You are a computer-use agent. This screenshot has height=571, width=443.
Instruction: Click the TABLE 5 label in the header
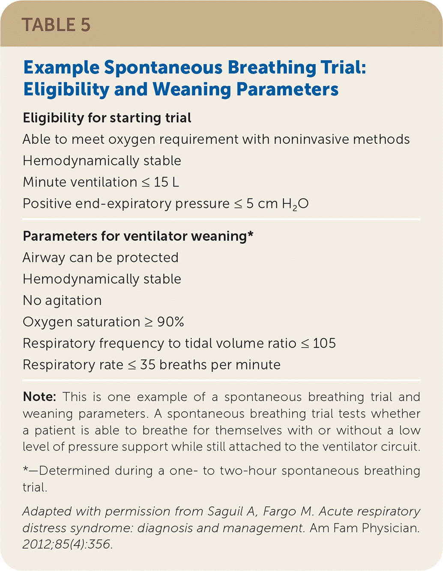coord(56,25)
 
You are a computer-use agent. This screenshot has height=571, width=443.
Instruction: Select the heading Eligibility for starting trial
coord(107,118)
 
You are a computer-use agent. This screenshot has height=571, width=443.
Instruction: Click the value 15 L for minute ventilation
coord(166,182)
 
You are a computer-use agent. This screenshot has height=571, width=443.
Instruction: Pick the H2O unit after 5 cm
coord(295,204)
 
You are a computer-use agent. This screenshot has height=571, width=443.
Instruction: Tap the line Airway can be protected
coord(100,258)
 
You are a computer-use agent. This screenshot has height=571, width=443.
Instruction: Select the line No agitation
coord(62,301)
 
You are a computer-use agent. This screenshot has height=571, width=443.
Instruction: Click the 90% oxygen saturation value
coord(171,322)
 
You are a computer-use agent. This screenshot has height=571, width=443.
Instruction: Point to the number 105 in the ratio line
coord(324,343)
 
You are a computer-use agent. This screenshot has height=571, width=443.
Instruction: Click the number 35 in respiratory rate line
coord(148,365)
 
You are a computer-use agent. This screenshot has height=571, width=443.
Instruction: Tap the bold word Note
coord(39,397)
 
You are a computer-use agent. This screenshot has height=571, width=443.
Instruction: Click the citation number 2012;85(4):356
coord(67,544)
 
